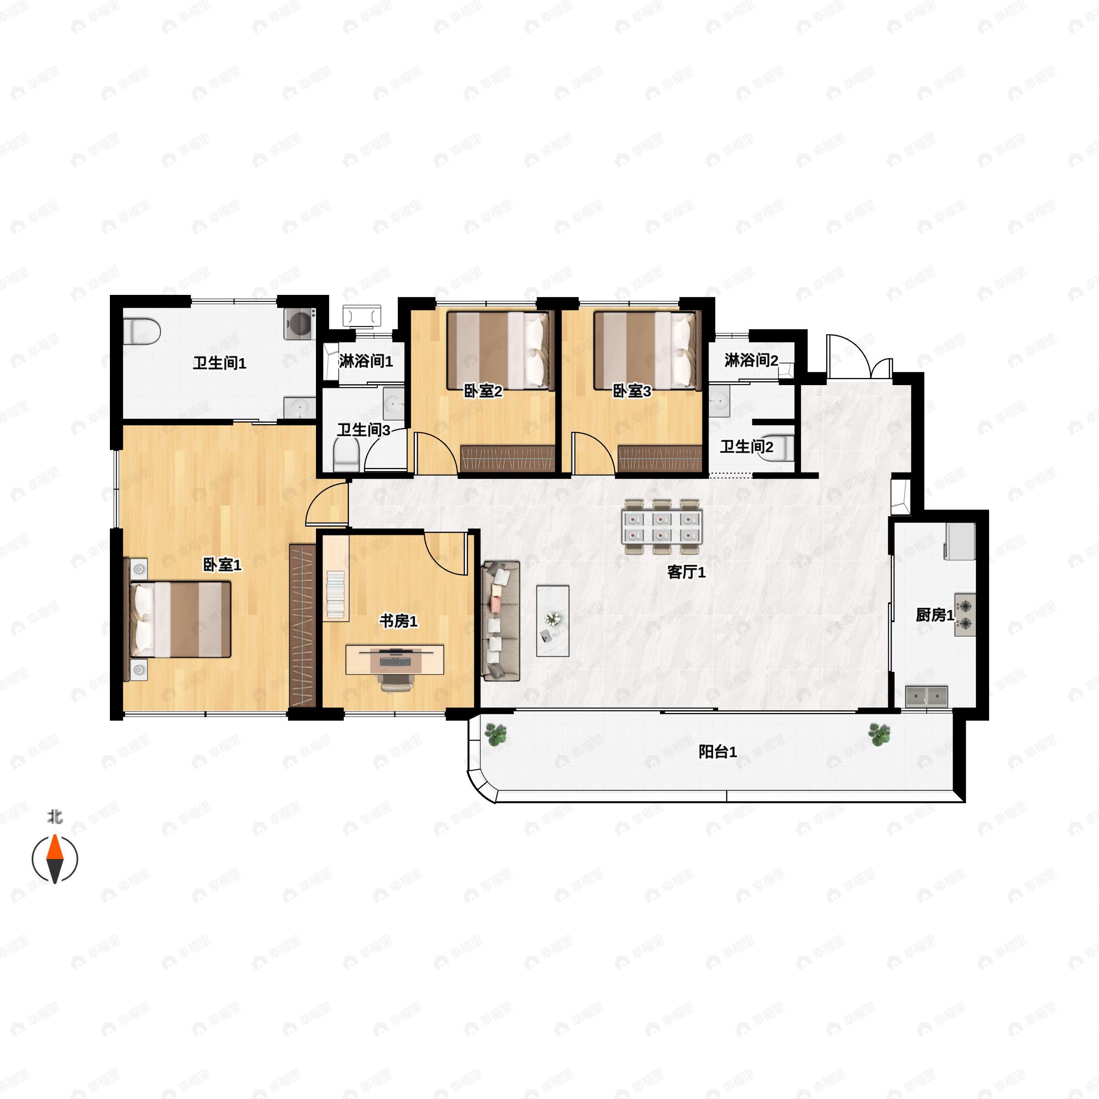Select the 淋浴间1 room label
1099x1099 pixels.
pos(366,361)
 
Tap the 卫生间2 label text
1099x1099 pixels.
pos(747,447)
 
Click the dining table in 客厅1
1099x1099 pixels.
pos(662,526)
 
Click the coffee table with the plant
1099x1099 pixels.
pos(552,620)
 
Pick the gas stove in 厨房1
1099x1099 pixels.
pos(965,615)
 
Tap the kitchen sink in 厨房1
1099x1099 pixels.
pos(927,696)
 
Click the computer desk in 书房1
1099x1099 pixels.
pos(395,659)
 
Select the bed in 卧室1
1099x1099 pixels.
pos(178,620)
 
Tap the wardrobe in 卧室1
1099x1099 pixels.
pos(303,626)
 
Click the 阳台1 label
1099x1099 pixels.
pos(718,752)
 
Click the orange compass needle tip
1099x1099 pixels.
pos(54,836)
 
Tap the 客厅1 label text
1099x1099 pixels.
pos(686,572)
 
